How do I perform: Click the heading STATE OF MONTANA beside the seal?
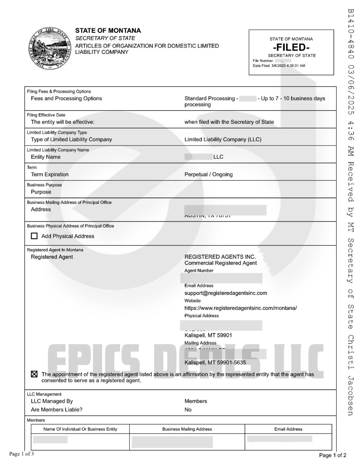[x=108, y=31]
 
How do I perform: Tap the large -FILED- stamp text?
[x=291, y=47]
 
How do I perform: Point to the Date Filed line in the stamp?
[x=279, y=66]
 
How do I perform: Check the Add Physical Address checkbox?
[x=34, y=236]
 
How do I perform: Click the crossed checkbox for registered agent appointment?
[x=34, y=374]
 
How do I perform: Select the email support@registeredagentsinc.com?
[x=225, y=293]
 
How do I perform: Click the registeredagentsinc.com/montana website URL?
[x=240, y=308]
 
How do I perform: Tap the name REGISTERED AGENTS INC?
[x=220, y=256]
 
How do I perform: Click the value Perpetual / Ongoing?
[x=208, y=174]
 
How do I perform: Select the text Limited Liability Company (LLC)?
[x=223, y=139]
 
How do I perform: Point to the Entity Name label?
[x=45, y=157]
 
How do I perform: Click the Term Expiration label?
[x=50, y=174]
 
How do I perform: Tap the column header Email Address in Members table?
[x=288, y=429]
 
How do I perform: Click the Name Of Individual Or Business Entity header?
[x=80, y=429]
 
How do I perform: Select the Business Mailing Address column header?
[x=187, y=429]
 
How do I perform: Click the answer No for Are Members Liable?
[x=188, y=410]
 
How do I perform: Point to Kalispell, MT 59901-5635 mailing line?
[x=215, y=362]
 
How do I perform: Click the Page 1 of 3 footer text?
[x=22, y=454]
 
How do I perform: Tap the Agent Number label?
[x=199, y=271]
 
